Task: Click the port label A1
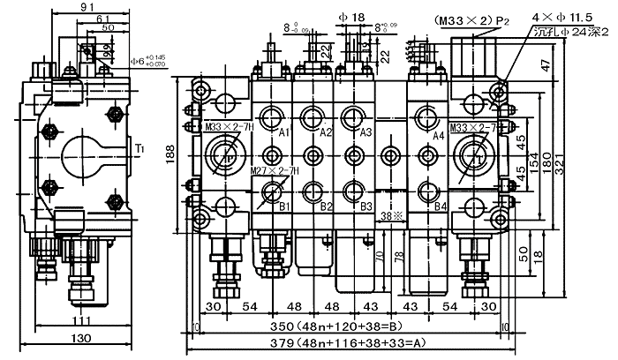tap(284, 133)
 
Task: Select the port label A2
tap(326, 133)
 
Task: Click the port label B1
tap(284, 206)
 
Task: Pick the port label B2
tap(326, 206)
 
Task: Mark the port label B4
tap(442, 207)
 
